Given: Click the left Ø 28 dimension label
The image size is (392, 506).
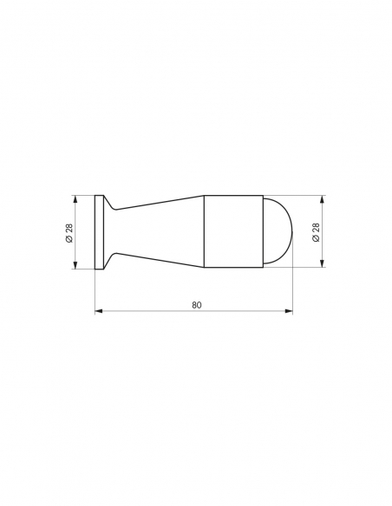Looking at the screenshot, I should tap(68, 232).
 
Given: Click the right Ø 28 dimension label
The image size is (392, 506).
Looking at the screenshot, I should tap(316, 232).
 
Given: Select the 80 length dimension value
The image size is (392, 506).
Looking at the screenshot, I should tap(199, 303).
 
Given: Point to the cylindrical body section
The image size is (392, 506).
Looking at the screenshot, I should tap(232, 231).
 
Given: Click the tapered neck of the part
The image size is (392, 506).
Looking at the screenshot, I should tap(156, 231).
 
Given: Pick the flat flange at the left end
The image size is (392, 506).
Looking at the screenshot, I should tap(97, 231).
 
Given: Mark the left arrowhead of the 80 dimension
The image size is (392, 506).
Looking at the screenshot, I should tap(97, 309).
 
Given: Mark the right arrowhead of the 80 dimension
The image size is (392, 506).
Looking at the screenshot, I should tap(289, 309).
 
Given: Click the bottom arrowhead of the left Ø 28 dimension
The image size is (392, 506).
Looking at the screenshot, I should tap(75, 265).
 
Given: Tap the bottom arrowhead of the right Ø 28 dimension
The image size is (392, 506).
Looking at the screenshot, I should tap(323, 265).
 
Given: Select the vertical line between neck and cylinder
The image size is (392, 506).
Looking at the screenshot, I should tap(204, 231).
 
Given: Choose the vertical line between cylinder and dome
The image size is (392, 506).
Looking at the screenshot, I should tap(262, 231).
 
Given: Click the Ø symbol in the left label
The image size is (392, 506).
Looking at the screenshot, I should tap(68, 242).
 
